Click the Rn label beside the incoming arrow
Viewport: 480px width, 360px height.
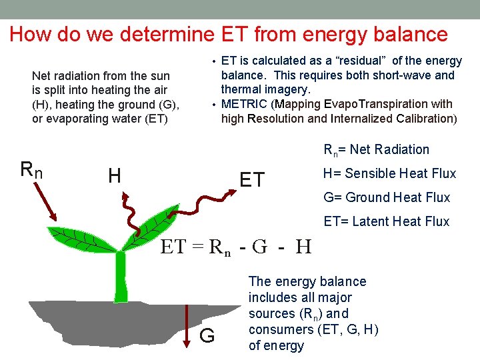click(31, 171)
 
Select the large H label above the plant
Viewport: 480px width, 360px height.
click(114, 176)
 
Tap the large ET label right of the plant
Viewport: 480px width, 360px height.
click(252, 180)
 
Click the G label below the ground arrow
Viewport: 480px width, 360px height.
click(207, 336)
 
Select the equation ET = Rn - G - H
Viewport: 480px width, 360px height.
click(236, 248)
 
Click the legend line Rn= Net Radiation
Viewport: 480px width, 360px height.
click(376, 149)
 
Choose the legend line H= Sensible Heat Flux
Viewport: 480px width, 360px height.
click(389, 173)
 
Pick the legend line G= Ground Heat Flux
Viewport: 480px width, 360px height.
click(387, 197)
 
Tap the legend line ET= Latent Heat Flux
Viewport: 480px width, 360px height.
click(387, 221)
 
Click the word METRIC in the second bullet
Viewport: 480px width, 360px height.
click(244, 104)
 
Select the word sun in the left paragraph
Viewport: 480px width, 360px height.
click(159, 76)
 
